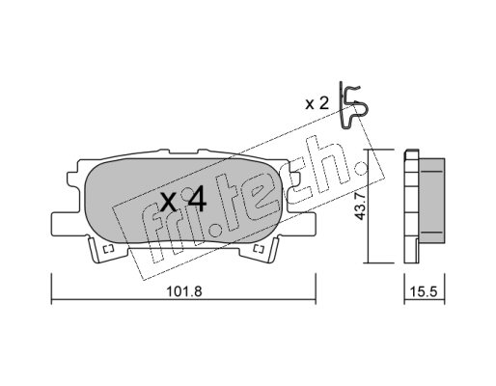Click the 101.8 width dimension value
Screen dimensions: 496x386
(x=184, y=291)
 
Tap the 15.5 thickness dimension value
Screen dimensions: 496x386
(x=424, y=291)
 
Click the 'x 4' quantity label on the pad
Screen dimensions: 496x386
(x=183, y=201)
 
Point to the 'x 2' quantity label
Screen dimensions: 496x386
(x=317, y=103)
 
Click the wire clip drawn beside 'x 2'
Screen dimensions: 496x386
(x=353, y=106)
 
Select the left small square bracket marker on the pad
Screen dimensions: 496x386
(x=108, y=249)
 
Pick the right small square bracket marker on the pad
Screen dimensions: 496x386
(x=259, y=248)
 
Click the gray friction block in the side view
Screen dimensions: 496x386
(x=431, y=201)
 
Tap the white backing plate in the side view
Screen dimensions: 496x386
(x=411, y=206)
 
